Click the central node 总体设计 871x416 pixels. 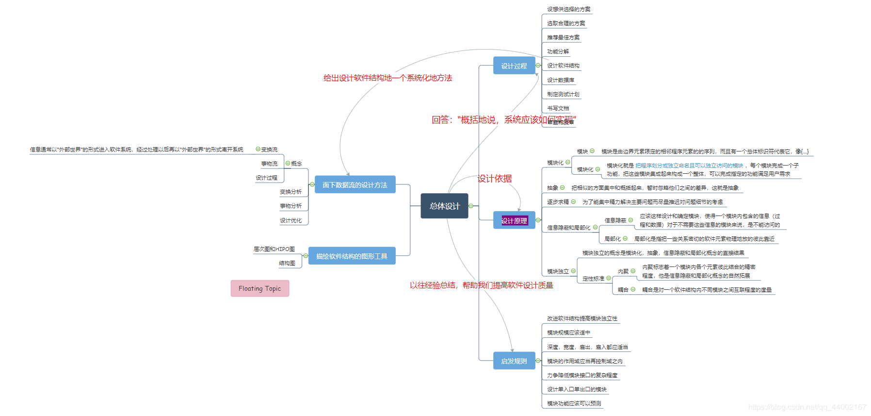[x=444, y=206]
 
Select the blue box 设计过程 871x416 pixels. [x=514, y=66]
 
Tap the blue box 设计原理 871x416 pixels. [x=514, y=220]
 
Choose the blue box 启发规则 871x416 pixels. [x=514, y=361]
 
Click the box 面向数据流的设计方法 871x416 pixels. [x=355, y=184]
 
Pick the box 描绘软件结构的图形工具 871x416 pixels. [x=352, y=256]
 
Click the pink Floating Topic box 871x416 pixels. [x=259, y=288]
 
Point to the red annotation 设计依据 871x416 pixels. [x=495, y=179]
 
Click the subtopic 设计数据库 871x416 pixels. [x=561, y=80]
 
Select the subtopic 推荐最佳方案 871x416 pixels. [x=563, y=37]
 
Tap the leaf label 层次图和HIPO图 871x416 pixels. [x=274, y=249]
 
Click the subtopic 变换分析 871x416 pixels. [x=290, y=192]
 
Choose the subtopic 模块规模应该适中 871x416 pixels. [x=568, y=333]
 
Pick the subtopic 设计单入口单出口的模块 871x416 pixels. [x=577, y=389]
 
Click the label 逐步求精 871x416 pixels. [x=558, y=202]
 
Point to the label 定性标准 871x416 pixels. [x=593, y=279]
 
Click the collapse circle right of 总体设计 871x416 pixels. [x=471, y=206]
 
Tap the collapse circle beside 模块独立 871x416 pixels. [x=573, y=271]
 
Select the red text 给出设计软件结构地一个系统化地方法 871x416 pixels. [x=387, y=78]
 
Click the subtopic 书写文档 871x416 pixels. [x=558, y=108]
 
